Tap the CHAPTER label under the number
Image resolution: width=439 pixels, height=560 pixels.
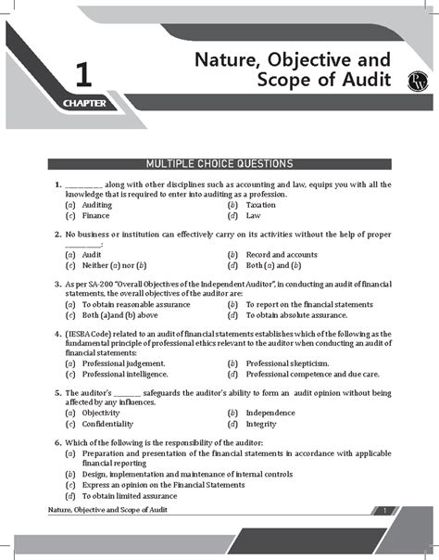86,103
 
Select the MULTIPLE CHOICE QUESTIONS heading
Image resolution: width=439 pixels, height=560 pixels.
219,163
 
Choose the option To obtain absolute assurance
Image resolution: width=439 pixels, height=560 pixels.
301,314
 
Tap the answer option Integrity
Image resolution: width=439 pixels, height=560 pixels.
260,424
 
